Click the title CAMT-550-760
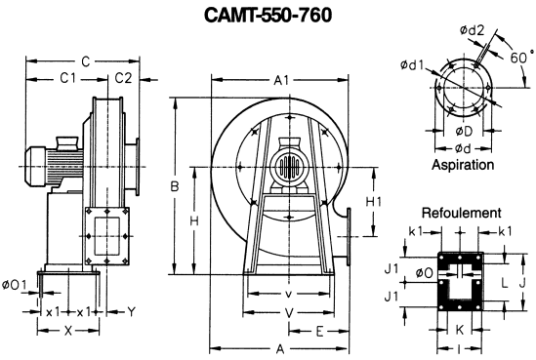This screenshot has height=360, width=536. [268, 15]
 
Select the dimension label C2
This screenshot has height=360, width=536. [123, 78]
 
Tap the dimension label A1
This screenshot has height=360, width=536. [282, 80]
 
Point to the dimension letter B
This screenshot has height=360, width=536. [175, 186]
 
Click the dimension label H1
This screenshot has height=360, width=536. [373, 202]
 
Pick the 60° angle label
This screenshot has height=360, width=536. [521, 57]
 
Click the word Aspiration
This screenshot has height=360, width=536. [463, 165]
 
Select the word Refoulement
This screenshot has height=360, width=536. [462, 213]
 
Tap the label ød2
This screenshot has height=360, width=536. [473, 30]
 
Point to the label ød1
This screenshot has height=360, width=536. [412, 64]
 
